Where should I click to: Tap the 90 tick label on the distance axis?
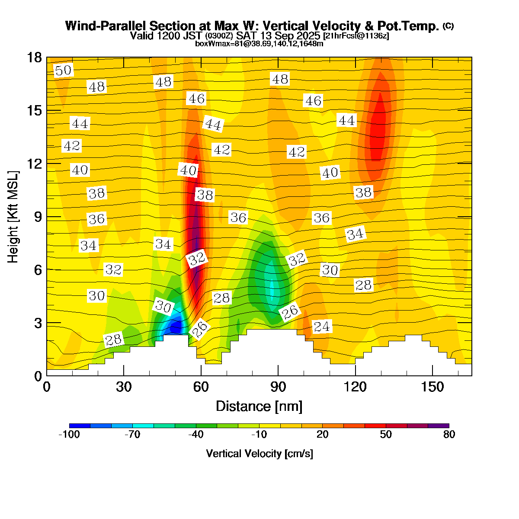pos(278,387)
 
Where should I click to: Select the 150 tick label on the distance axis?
pos(432,387)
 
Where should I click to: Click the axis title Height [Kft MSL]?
pos(13,216)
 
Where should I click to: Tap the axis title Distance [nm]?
pos(259,407)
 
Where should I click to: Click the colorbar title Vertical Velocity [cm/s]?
pos(259,454)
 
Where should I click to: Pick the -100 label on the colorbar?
pos(69,435)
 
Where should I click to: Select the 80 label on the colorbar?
pos(449,435)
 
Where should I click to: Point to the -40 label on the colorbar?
pos(196,435)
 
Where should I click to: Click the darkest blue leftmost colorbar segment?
pos(80,426)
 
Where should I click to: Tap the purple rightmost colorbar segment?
pos(439,426)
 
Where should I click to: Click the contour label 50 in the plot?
pos(63,70)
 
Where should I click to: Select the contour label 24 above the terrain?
pos(321,327)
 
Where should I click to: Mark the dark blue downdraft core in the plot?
pos(175,327)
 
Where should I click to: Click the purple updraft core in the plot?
pos(197,234)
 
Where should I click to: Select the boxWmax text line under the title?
pos(259,44)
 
